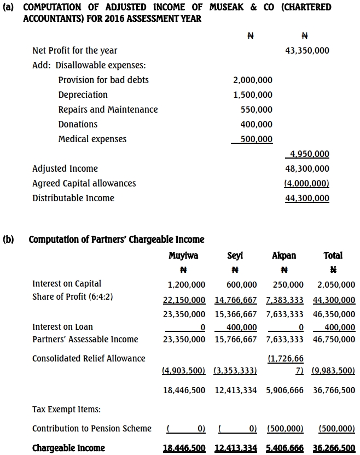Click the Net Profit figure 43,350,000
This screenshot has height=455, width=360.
(307, 50)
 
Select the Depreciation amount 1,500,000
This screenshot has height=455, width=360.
(252, 95)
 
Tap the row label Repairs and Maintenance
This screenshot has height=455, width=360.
(108, 109)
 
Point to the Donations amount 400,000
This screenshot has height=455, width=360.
(256, 124)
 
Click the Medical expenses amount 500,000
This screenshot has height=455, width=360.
(256, 139)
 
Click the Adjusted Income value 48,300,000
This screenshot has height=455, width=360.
(307, 168)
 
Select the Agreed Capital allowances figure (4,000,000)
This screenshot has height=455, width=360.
(307, 183)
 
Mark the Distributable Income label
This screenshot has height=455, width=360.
(73, 198)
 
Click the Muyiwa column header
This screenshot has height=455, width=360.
(183, 255)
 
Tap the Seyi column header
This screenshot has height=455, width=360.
(235, 255)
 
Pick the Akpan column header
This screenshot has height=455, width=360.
(284, 255)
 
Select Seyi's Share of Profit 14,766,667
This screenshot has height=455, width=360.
(235, 300)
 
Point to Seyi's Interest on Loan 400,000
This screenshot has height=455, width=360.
(241, 327)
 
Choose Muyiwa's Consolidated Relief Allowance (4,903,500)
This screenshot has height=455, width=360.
(184, 370)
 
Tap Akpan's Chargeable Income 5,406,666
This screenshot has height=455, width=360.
(284, 448)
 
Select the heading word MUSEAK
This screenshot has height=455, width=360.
(227, 7)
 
